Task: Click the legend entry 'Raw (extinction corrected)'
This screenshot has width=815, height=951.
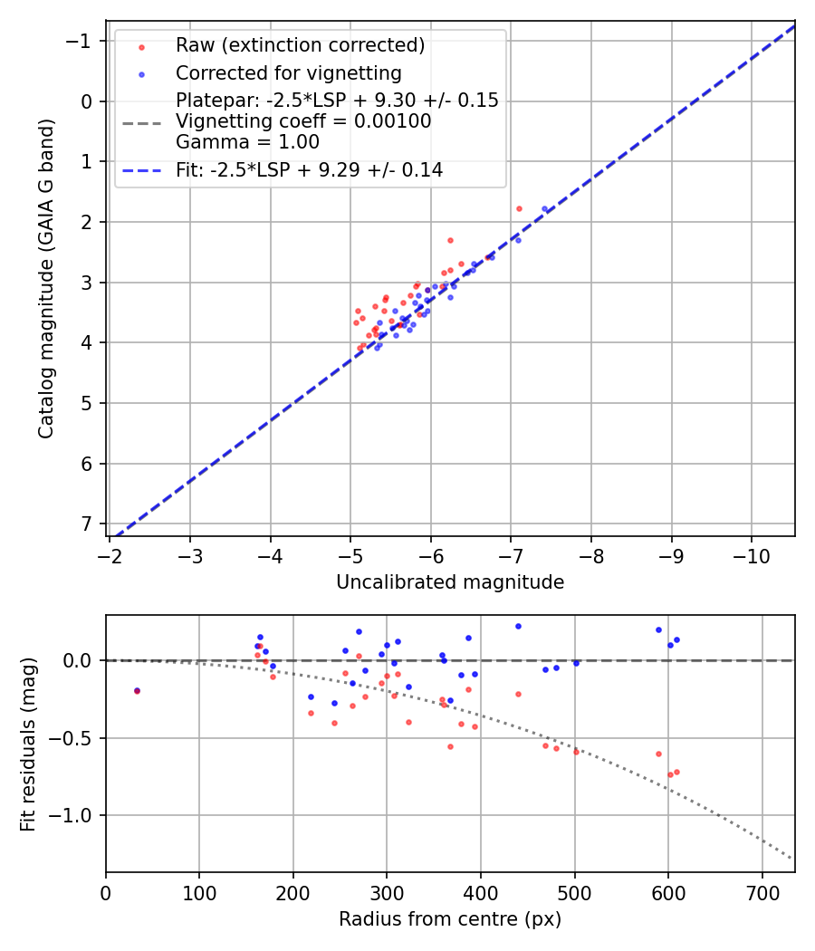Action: coord(300,45)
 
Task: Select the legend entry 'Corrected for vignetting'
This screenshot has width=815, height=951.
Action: coord(288,72)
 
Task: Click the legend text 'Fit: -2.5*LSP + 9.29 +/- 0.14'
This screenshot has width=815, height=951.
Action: coord(309,169)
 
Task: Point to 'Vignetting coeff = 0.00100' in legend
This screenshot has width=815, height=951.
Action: coord(303,121)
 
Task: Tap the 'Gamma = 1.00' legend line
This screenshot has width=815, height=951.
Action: coord(247,141)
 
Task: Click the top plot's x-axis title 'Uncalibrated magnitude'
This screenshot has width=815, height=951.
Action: coord(450,582)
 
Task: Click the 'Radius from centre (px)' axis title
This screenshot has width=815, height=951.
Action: coord(450,919)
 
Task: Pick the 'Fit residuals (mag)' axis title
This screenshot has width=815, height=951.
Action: coord(28,744)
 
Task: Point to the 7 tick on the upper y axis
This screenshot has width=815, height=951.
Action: coord(86,524)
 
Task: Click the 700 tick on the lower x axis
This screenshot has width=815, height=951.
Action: coord(762,893)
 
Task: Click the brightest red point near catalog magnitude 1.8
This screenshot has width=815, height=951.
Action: coord(519,208)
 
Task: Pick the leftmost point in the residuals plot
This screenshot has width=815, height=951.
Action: coord(137,690)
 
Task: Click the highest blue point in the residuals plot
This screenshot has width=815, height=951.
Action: coord(518,626)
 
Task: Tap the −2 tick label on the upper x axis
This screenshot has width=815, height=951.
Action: coord(110,554)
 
